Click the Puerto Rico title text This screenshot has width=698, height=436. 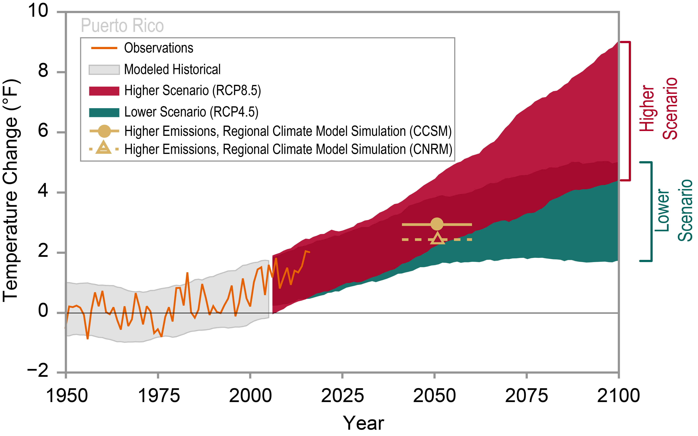point(122,25)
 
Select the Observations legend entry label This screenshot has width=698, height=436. point(158,48)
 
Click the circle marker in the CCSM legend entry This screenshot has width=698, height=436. point(104,131)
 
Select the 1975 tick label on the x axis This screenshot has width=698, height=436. point(159,396)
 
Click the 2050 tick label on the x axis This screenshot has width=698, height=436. point(434,396)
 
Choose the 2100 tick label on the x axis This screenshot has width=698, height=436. point(618,396)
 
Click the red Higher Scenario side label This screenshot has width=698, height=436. point(658,109)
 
